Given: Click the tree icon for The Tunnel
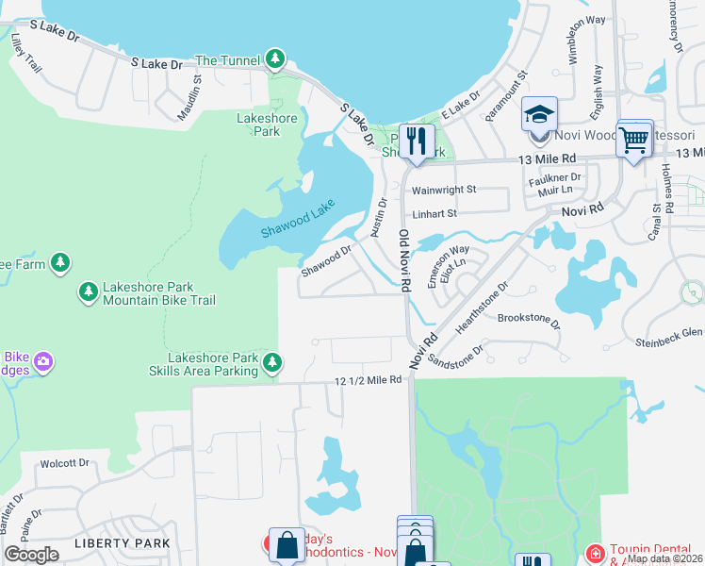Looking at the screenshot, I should [x=274, y=60].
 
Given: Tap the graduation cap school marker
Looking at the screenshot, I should [x=540, y=114].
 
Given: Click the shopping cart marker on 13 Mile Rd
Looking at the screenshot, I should [x=634, y=141].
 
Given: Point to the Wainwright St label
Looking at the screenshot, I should [x=444, y=190].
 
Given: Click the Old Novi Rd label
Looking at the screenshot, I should [x=404, y=259].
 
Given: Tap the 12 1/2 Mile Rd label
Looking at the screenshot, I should [x=369, y=380].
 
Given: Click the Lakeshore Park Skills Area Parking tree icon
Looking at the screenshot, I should [x=272, y=361].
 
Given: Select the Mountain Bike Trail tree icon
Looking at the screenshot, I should [x=89, y=291].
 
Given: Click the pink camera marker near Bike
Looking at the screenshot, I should [x=42, y=361].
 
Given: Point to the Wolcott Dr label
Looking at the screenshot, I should [x=64, y=463].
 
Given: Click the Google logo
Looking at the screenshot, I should [x=32, y=555].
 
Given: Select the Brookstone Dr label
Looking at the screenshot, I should [x=528, y=321].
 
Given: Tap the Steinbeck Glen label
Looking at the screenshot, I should [x=669, y=332].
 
